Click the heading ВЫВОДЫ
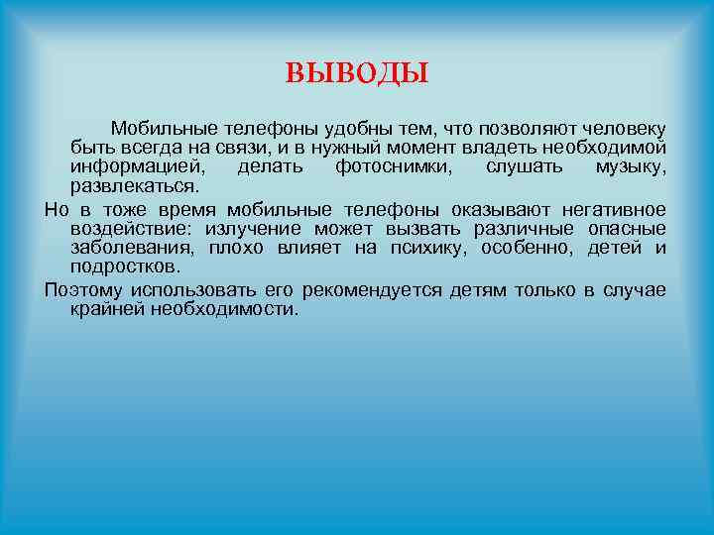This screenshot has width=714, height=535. point(357,73)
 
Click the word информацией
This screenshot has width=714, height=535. point(132,166)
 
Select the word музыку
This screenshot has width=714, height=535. point(631,166)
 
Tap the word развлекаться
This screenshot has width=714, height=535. point(134,185)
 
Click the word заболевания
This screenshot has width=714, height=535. point(125,248)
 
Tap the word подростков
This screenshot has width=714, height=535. point(126,267)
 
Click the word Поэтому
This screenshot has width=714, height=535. point(83,290)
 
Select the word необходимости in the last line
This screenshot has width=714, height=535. point(224,309)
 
